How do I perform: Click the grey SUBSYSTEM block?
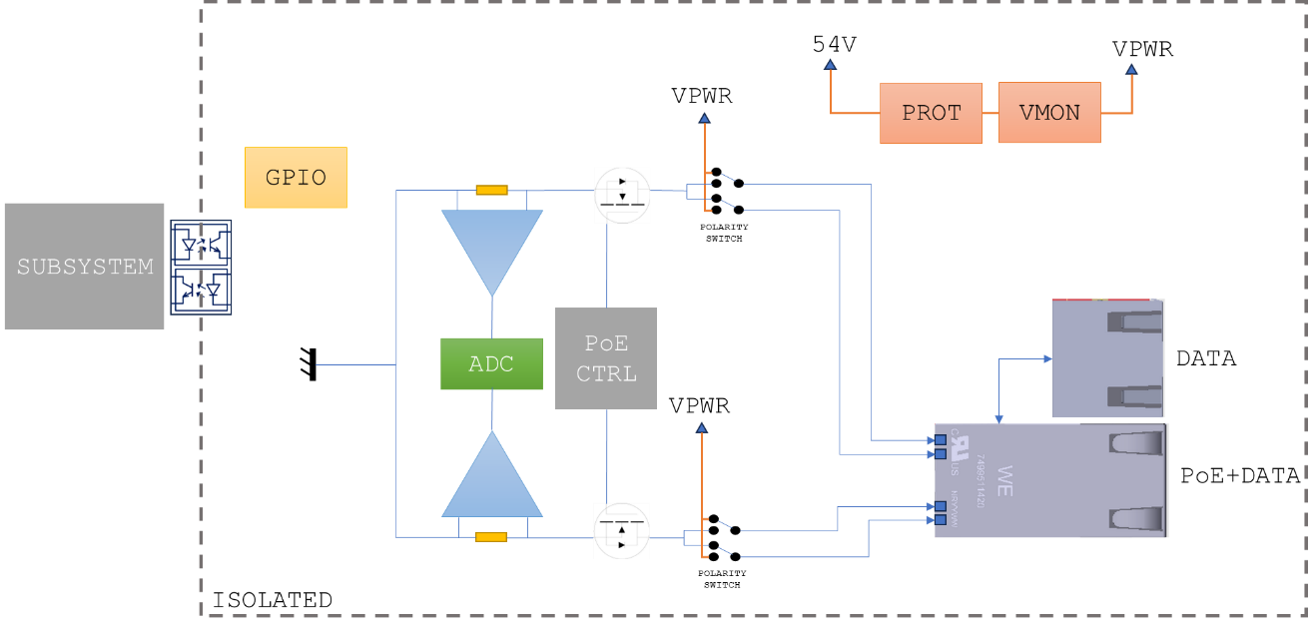[84, 267]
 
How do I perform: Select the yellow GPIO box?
[296, 178]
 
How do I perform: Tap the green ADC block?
[491, 363]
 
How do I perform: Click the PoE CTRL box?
[606, 358]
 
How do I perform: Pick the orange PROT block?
[931, 113]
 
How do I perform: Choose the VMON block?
[1049, 113]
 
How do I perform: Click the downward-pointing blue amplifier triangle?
[492, 246]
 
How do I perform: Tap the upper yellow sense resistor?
[491, 190]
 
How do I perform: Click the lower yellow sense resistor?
[491, 537]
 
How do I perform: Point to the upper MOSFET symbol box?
[622, 195]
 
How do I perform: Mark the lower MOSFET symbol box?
[622, 529]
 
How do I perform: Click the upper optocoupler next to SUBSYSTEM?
[202, 243]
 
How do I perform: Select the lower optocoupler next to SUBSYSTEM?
[202, 290]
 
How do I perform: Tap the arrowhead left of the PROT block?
[830, 65]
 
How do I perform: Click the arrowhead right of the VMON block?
[1131, 70]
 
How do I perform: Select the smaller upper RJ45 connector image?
[1108, 357]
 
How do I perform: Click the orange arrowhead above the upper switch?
[704, 118]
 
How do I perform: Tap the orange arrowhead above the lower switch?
[701, 427]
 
